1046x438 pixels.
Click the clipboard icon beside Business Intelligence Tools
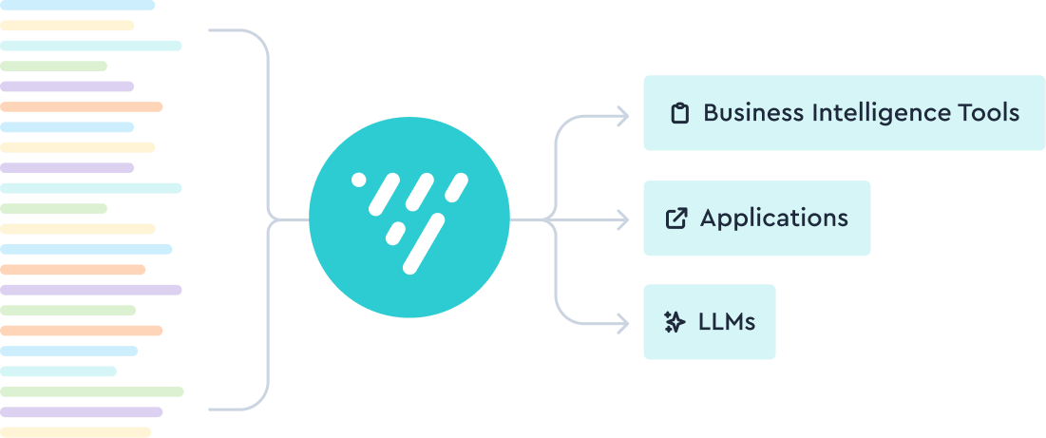click(678, 114)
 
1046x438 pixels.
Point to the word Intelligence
click(874, 113)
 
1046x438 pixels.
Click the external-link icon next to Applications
click(675, 219)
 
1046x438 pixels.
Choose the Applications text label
click(773, 219)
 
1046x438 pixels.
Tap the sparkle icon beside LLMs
click(675, 323)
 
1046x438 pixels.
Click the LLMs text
click(727, 322)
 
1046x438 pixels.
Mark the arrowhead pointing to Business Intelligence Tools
click(622, 116)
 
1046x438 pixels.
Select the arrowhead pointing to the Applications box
click(622, 220)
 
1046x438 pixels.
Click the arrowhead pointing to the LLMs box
click(622, 324)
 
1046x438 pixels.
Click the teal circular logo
click(409, 219)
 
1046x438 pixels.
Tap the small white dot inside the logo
click(358, 179)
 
